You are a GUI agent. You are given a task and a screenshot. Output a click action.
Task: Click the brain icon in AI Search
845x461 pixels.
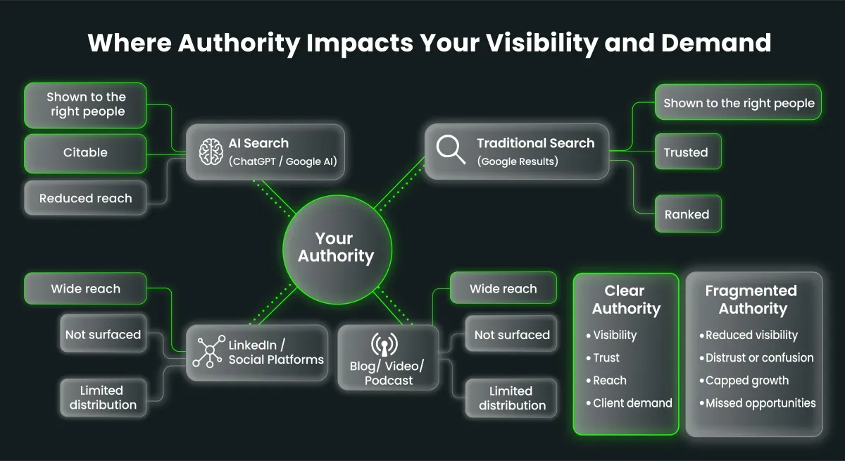tap(211, 152)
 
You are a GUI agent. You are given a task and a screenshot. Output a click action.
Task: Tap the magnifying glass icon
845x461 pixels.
tap(451, 149)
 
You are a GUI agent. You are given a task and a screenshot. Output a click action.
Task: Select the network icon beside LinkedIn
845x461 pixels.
tap(209, 352)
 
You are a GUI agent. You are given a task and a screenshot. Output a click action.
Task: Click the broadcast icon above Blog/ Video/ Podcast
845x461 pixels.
tap(384, 344)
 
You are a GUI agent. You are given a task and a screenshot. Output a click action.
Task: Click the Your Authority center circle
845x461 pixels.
tap(337, 250)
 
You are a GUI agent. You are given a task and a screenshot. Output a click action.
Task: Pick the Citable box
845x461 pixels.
tap(85, 153)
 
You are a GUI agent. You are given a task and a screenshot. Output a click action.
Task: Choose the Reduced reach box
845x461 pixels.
tap(85, 198)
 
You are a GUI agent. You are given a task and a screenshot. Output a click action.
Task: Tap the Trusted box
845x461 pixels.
tap(688, 152)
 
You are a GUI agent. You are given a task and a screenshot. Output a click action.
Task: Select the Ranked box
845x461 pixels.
tap(688, 214)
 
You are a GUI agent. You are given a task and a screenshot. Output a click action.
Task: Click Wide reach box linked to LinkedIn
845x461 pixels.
tap(85, 288)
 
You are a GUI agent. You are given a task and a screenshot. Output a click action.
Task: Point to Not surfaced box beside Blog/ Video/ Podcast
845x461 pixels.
tap(511, 334)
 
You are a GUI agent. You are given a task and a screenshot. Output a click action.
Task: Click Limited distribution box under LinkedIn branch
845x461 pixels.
tap(104, 398)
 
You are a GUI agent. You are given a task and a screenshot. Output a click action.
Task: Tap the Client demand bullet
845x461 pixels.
tap(630, 403)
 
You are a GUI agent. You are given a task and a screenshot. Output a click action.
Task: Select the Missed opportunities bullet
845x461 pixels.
tap(758, 403)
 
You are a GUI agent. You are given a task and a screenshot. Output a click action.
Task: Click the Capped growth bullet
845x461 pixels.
tap(744, 381)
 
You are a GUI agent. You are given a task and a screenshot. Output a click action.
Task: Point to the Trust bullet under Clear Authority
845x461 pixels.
tap(603, 357)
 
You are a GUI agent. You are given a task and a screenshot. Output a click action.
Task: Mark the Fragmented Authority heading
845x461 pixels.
tap(752, 300)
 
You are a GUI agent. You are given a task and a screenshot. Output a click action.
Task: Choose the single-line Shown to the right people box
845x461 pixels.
tap(738, 102)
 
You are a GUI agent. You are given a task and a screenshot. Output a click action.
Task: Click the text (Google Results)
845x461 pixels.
tap(518, 161)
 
